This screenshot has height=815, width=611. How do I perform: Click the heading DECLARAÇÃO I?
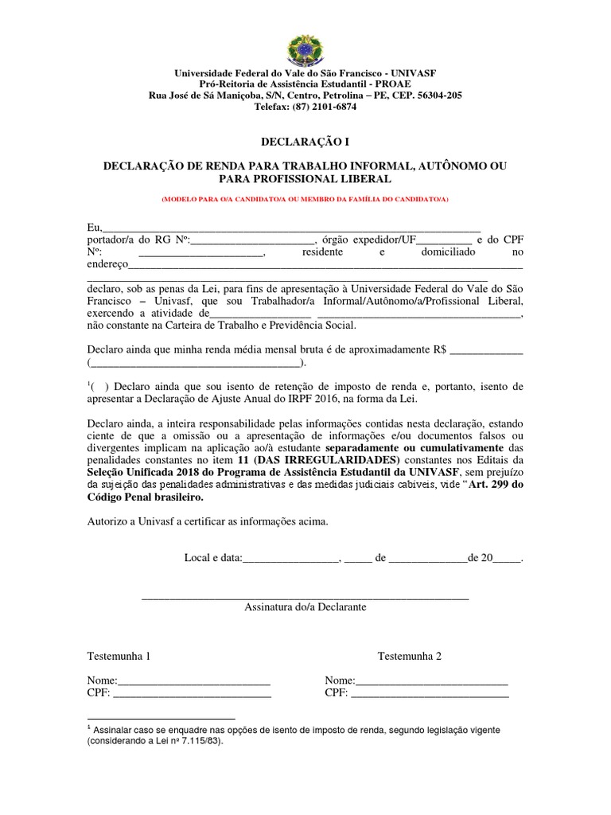click(305, 142)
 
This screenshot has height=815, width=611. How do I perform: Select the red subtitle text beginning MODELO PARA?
click(305, 197)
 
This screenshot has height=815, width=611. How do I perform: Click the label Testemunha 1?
click(119, 657)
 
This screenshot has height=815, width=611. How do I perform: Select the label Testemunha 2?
click(409, 657)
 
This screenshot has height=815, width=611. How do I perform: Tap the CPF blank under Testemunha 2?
click(430, 694)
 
